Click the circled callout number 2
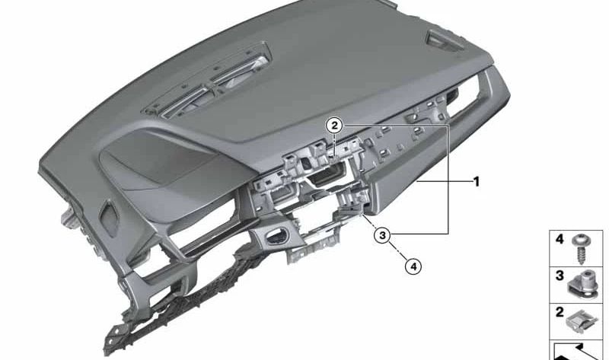pos(334,126)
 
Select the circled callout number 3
pos(383,234)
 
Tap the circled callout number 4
pos(413,266)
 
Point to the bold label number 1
pos(477,182)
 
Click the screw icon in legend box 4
pos(582,248)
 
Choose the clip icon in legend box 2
pos(582,321)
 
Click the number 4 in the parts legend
pos(560,239)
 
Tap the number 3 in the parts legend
pos(560,276)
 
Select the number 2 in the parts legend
pos(560,311)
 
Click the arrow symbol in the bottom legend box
pos(577,352)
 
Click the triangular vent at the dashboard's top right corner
pos(445,40)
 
